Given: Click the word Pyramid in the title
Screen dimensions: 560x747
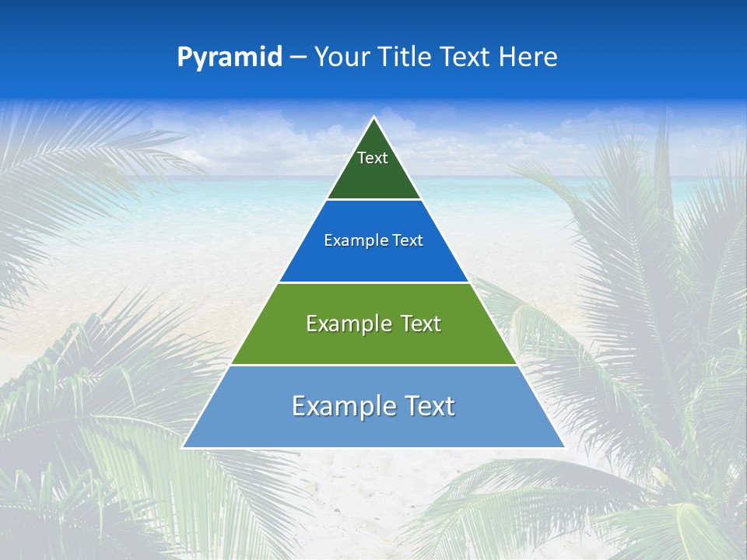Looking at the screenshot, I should [x=230, y=58].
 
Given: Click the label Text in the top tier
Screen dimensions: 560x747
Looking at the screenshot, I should [x=373, y=158].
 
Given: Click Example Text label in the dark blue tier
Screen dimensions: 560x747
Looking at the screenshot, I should [x=373, y=240].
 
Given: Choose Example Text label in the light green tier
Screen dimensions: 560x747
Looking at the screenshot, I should [x=373, y=324].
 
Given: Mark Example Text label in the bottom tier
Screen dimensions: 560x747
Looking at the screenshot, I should [x=373, y=406].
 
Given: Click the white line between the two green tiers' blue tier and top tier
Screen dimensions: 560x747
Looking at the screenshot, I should [x=373, y=200].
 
